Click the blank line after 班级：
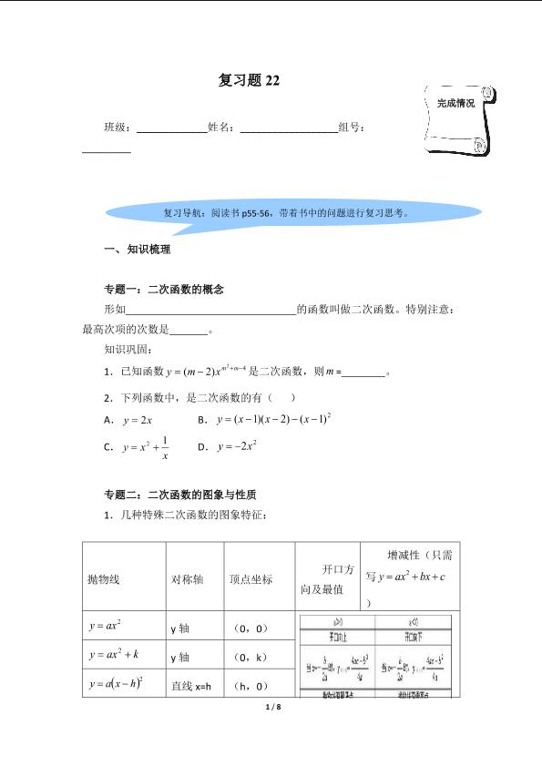pyautogui.click(x=170, y=129)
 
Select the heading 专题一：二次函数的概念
pyautogui.click(x=164, y=290)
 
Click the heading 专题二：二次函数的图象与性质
pyautogui.click(x=180, y=495)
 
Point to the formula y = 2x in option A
pyautogui.click(x=137, y=420)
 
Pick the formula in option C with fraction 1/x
pyautogui.click(x=146, y=447)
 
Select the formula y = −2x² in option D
pyautogui.click(x=238, y=446)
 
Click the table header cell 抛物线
pyautogui.click(x=104, y=579)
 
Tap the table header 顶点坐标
pyautogui.click(x=251, y=579)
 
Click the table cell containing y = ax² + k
pyautogui.click(x=115, y=655)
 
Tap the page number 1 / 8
pyautogui.click(x=271, y=706)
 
